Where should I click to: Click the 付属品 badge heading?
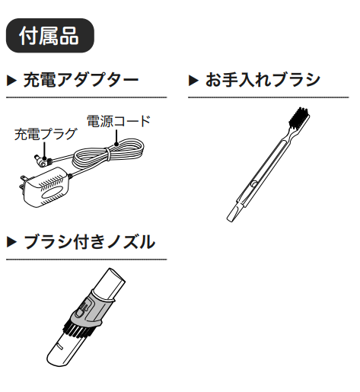[x=50, y=36]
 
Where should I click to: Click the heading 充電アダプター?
[x=81, y=80]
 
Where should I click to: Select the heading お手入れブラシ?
[x=263, y=80]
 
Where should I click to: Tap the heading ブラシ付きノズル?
[x=89, y=242]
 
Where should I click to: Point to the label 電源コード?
[x=119, y=121]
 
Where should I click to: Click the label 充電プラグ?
[x=46, y=134]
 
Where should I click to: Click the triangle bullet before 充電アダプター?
[x=11, y=81]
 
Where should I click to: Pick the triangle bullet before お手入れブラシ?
[x=193, y=81]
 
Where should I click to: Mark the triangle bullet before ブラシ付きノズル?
[x=11, y=242]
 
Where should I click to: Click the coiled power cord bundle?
[x=109, y=155]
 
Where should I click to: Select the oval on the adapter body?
[x=53, y=193]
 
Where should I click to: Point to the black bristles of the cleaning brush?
[x=299, y=118]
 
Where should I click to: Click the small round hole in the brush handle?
[x=253, y=183]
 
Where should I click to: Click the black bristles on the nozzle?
[x=78, y=330]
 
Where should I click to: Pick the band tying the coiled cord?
[x=107, y=154]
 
